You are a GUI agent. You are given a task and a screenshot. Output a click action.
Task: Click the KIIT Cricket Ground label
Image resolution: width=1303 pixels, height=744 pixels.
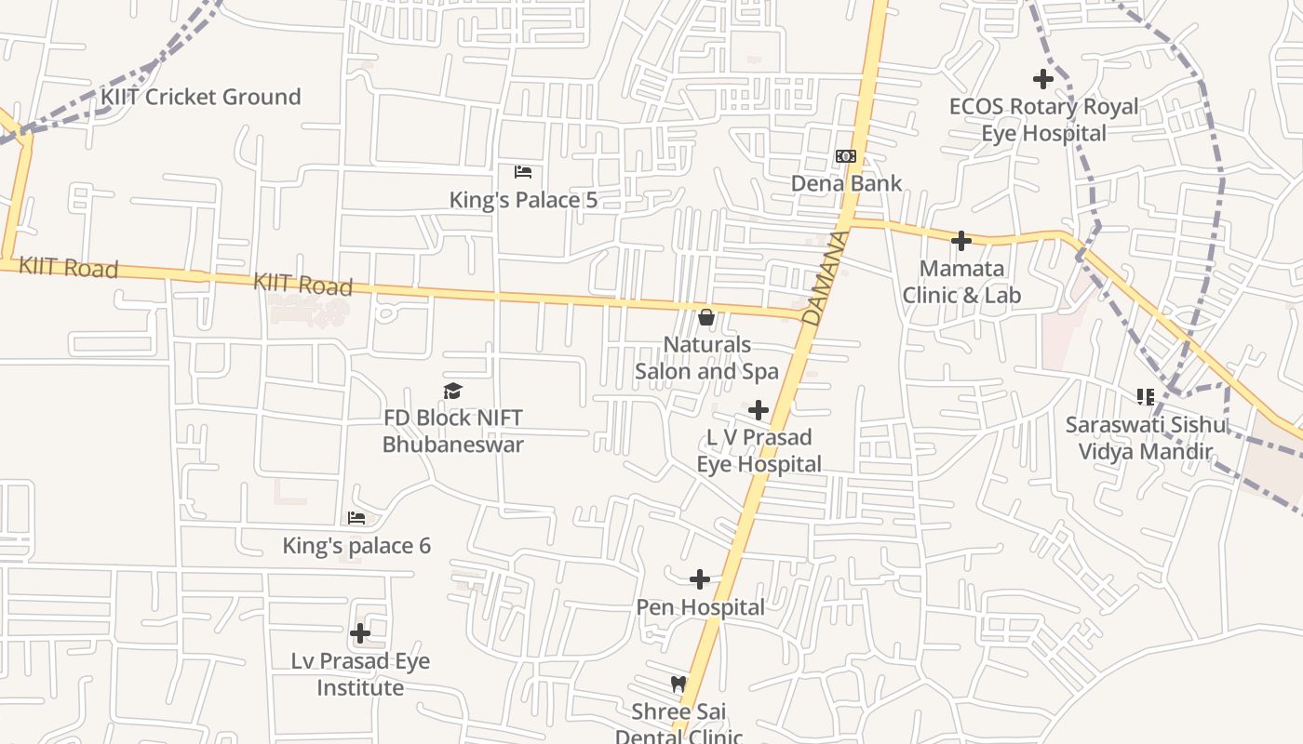(x=201, y=97)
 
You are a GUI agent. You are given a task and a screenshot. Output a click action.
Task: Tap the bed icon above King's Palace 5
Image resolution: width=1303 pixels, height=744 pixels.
(x=523, y=172)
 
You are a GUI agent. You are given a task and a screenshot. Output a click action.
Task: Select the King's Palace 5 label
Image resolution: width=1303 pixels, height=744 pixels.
(x=523, y=200)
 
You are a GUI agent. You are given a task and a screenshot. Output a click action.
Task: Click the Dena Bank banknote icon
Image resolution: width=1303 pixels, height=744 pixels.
(x=845, y=156)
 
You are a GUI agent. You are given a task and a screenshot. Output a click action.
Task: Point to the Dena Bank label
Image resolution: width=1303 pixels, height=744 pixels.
(x=846, y=183)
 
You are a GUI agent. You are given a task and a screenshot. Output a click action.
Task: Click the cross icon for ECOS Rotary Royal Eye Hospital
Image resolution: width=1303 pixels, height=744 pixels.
(x=1043, y=79)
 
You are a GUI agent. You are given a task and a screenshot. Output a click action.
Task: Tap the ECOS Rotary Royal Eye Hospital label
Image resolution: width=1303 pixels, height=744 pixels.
(x=1043, y=120)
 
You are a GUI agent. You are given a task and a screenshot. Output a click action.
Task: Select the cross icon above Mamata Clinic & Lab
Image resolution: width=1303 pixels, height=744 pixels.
(x=961, y=242)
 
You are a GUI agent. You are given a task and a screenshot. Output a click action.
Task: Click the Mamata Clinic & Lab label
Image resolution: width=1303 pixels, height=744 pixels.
(x=961, y=282)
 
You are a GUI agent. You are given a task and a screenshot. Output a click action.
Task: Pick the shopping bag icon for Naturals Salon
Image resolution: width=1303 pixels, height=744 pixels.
(x=706, y=318)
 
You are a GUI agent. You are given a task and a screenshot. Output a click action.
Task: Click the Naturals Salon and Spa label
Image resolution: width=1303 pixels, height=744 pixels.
(x=706, y=358)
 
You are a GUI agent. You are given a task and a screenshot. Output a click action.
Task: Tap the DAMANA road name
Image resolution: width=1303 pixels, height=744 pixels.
(x=825, y=278)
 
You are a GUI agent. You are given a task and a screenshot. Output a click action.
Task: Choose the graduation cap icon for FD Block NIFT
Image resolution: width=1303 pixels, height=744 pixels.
(x=452, y=391)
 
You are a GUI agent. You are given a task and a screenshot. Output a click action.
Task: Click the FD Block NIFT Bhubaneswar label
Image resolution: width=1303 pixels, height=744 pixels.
(x=453, y=432)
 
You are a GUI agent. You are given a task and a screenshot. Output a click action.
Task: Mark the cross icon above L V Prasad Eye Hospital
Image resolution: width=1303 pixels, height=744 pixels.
(x=759, y=410)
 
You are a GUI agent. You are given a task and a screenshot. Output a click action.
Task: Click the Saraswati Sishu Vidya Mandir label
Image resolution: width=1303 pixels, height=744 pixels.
(x=1146, y=438)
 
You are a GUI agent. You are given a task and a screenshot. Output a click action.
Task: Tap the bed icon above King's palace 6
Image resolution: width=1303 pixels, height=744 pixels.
(x=356, y=518)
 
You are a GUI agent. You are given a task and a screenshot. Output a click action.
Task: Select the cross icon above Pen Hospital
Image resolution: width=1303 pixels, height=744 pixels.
(x=700, y=580)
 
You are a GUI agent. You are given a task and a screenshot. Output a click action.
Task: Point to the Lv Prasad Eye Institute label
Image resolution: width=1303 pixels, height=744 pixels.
(x=360, y=674)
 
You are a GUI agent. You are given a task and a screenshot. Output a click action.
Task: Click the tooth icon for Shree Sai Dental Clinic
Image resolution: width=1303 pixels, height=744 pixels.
(x=678, y=684)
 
